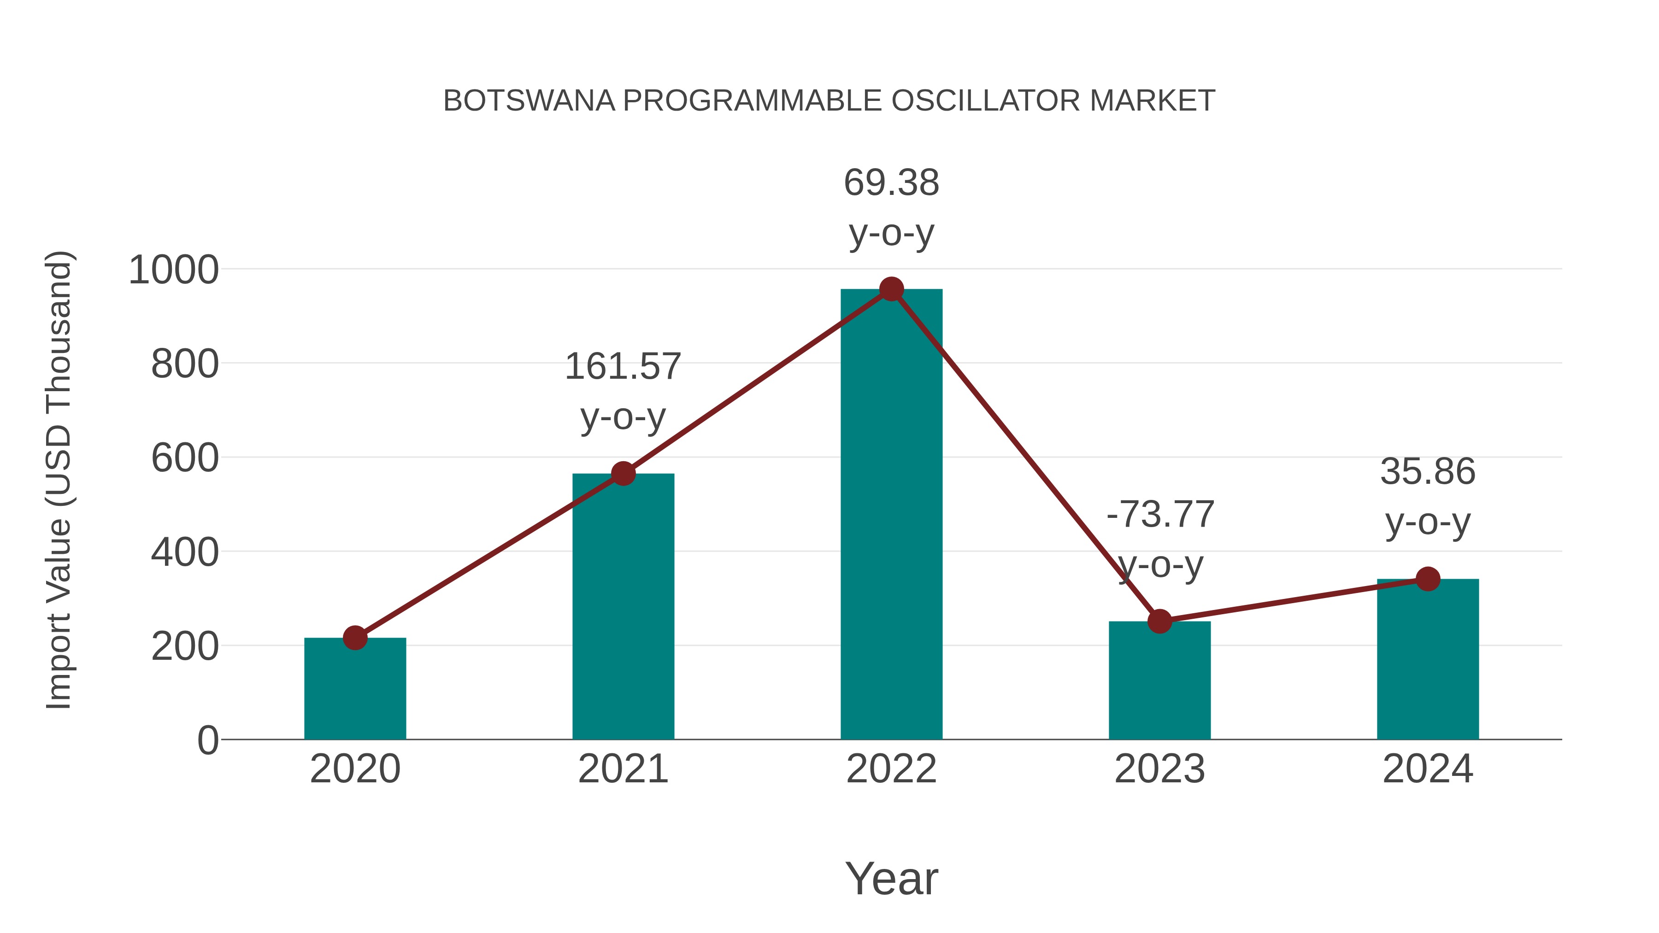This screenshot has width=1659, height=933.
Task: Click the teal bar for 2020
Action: [355, 689]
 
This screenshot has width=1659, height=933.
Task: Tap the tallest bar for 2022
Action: [891, 515]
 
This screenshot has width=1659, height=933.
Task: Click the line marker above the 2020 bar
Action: [355, 638]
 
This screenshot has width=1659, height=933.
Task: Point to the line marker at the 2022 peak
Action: [891, 289]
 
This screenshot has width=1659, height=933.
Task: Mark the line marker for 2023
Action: [1159, 622]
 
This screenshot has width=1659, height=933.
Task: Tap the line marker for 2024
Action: [1428, 579]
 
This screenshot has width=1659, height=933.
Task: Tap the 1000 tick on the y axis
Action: [174, 270]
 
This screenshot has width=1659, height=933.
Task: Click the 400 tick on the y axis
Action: [185, 552]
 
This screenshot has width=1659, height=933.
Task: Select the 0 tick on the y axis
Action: [207, 740]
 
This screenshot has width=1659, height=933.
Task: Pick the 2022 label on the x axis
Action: [891, 769]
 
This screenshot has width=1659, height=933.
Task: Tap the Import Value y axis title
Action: [59, 480]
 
